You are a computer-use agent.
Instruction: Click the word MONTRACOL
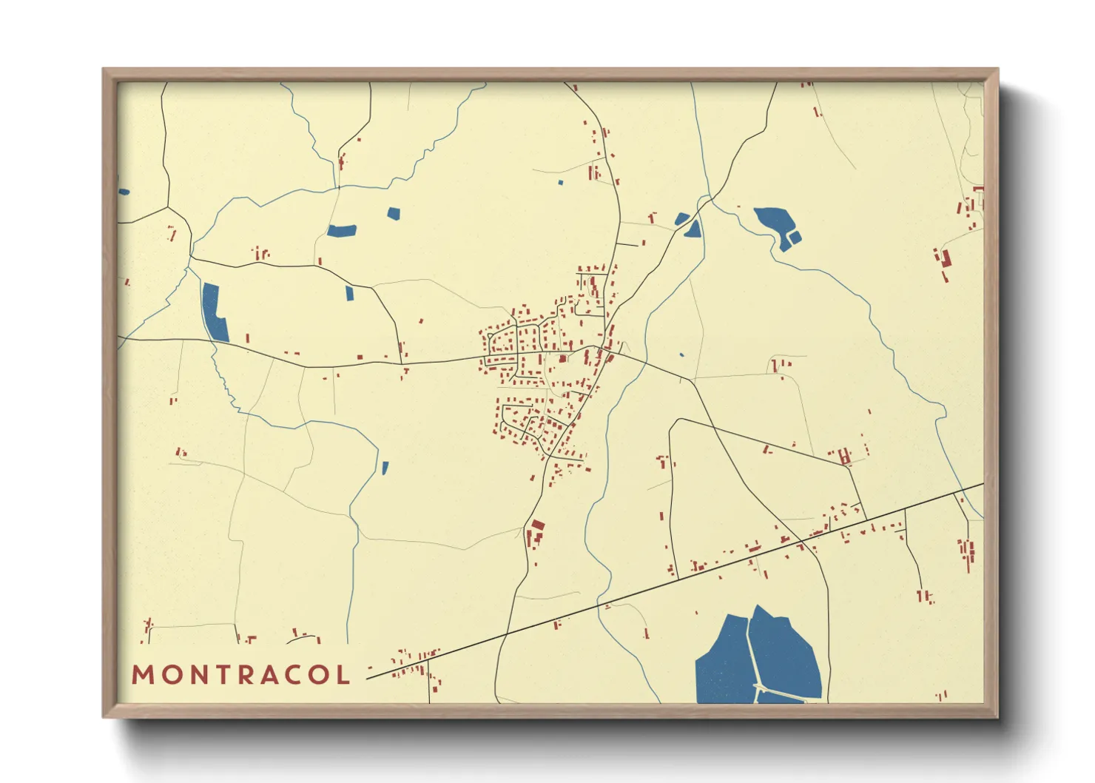click(x=240, y=675)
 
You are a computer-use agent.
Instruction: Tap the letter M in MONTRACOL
click(x=142, y=675)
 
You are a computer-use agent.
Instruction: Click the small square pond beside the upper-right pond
click(x=795, y=237)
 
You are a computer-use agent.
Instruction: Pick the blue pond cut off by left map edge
click(x=123, y=192)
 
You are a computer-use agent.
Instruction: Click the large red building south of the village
click(x=538, y=525)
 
